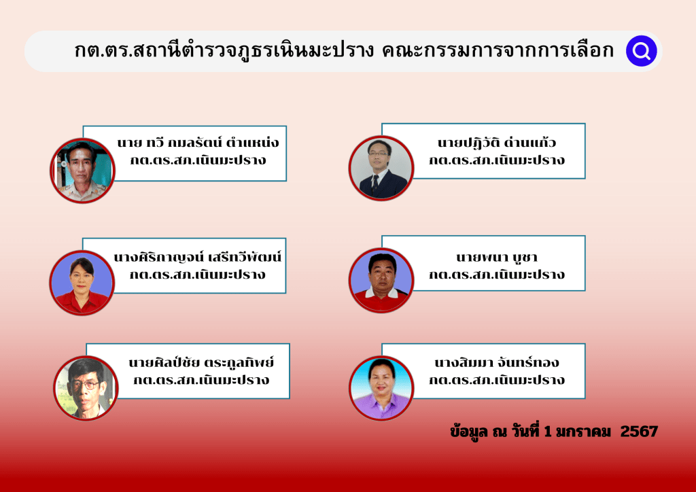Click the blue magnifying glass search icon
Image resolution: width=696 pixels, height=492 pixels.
pos(642,51)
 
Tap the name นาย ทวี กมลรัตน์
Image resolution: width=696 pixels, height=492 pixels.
pos(169,143)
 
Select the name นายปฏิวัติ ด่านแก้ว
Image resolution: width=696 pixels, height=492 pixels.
pos(497,142)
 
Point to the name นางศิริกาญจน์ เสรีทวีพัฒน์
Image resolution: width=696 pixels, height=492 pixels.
pos(198,257)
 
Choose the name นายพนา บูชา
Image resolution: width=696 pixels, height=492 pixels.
pos(497,257)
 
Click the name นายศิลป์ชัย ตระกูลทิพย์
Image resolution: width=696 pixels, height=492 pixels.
pos(201,362)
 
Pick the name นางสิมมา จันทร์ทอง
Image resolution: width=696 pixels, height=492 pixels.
pos(497,362)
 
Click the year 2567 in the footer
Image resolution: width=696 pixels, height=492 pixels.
pos(639,432)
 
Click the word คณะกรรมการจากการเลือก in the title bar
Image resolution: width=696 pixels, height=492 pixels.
pos(498,50)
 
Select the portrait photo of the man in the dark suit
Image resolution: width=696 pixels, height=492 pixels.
pos(381,168)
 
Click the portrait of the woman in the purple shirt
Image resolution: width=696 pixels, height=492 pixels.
pos(381,388)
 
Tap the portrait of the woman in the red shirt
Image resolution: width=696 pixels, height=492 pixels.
pos(82,283)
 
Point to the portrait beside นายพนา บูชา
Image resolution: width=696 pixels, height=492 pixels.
pos(381,281)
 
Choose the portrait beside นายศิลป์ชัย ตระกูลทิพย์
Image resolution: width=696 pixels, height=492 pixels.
pos(86,388)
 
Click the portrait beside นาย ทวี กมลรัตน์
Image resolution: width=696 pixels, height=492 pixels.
pos(82,171)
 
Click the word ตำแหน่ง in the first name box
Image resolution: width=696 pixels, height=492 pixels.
pos(253,143)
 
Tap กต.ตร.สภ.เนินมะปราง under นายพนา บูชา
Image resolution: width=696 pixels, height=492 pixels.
pos(497,274)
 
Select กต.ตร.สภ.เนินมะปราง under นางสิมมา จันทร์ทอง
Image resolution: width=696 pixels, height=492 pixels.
pos(497,380)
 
